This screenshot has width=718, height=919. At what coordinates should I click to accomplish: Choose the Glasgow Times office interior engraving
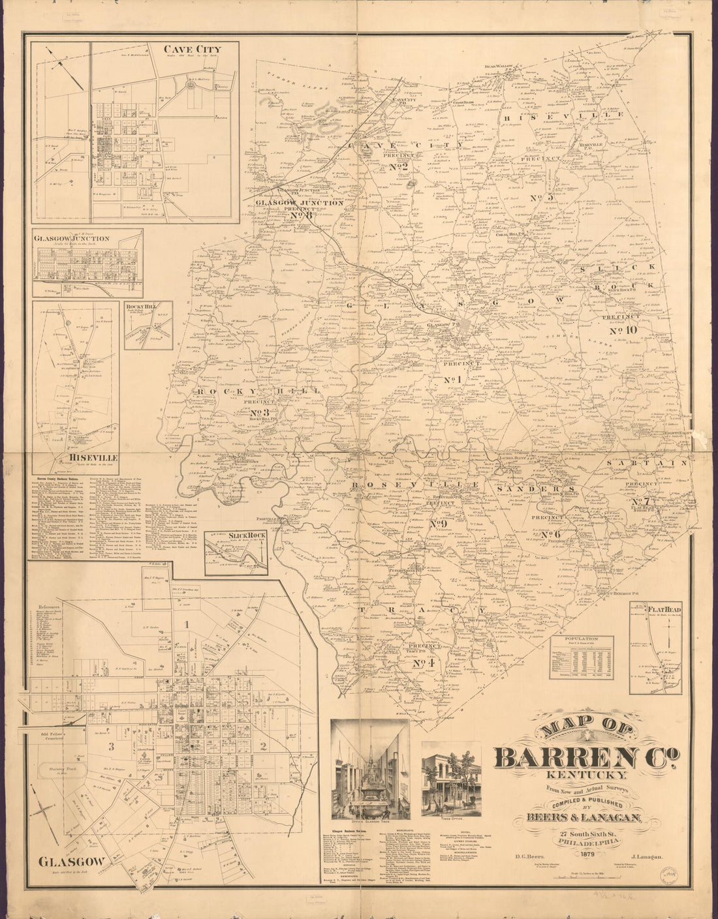(370, 770)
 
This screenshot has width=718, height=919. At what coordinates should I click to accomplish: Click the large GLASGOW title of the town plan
(72, 861)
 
